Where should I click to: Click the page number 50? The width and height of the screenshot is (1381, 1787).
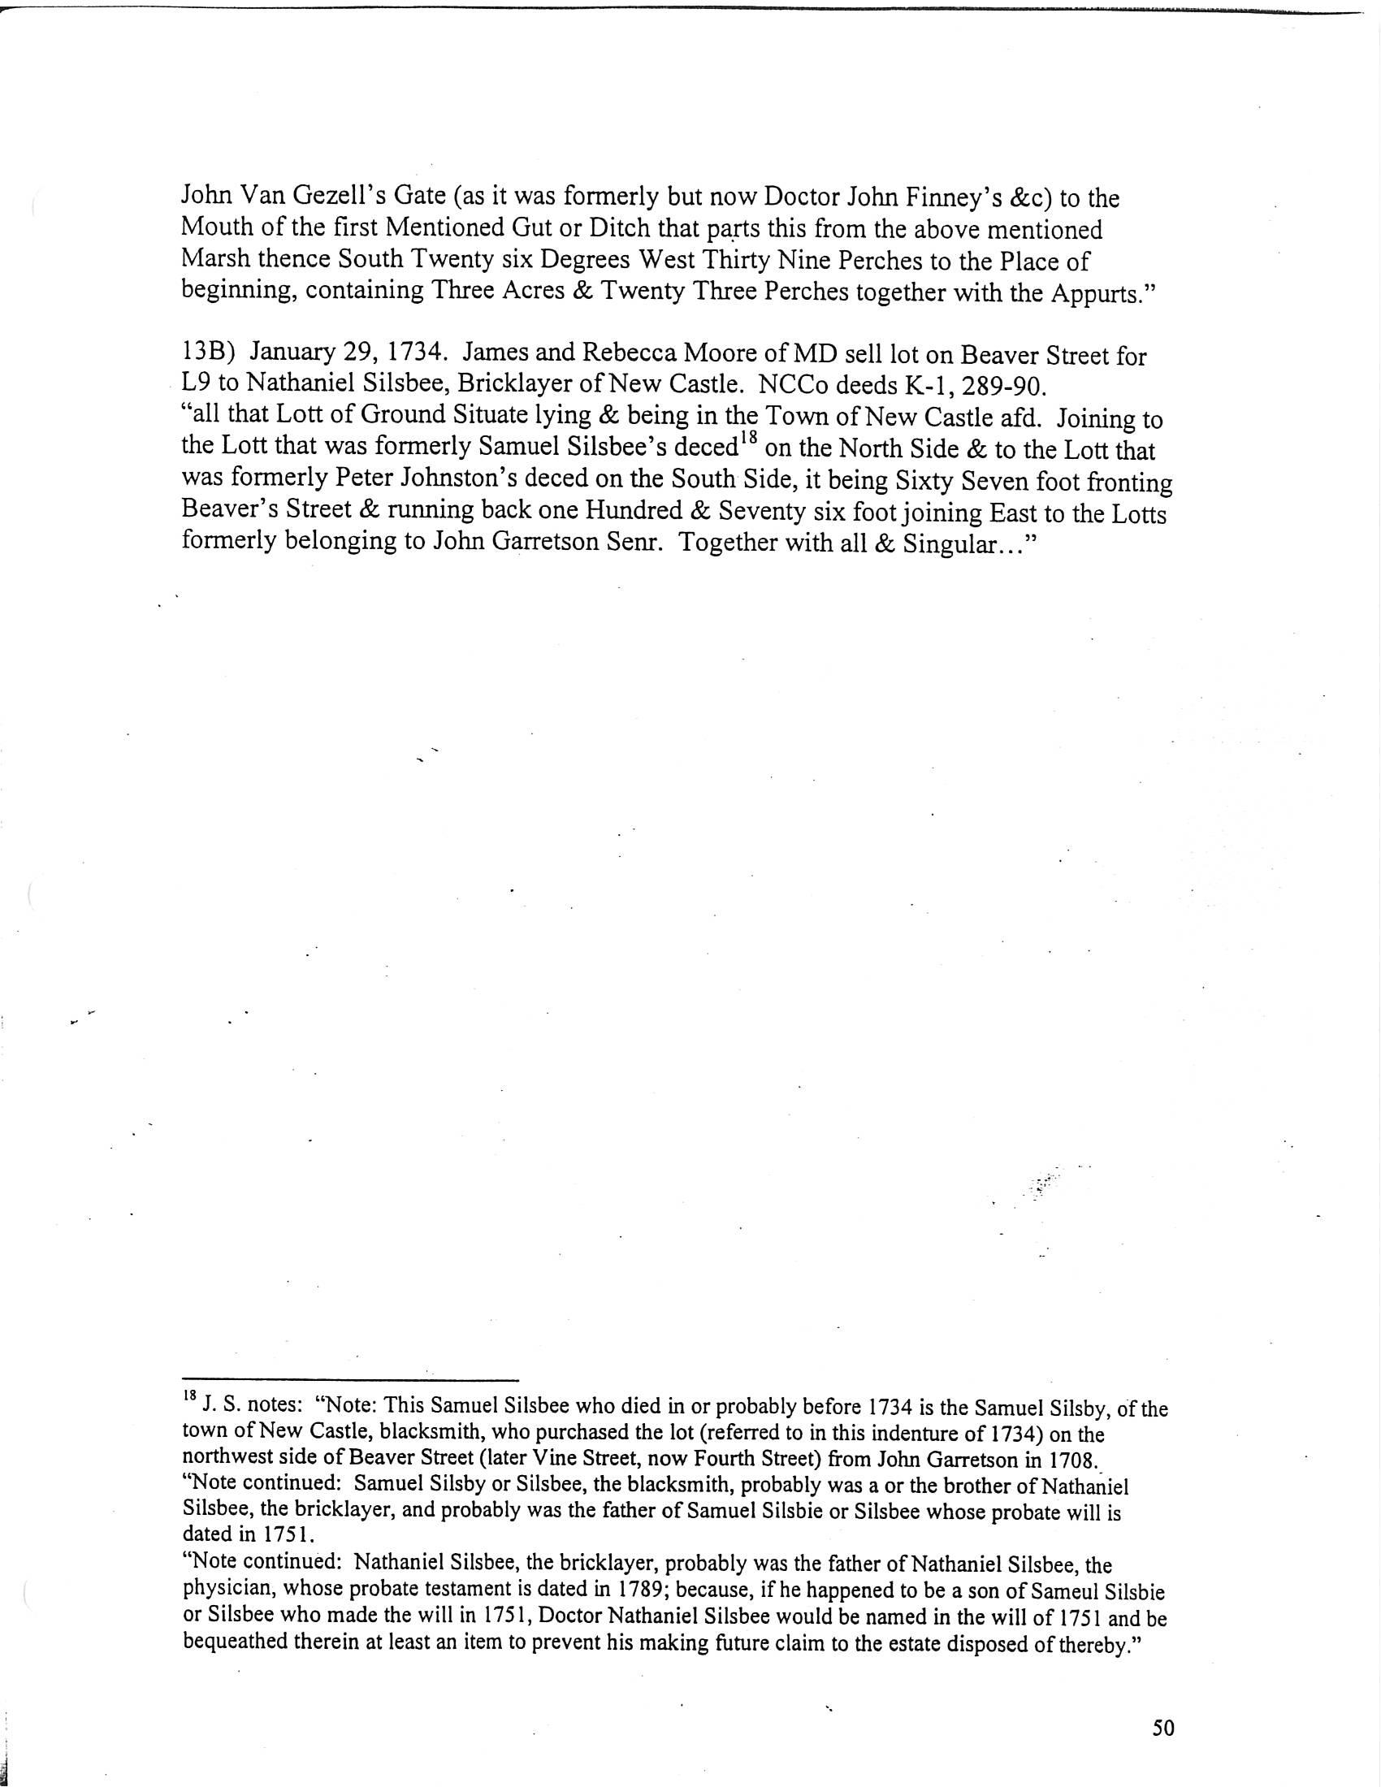(x=1162, y=1727)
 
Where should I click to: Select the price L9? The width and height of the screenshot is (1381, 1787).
(x=195, y=383)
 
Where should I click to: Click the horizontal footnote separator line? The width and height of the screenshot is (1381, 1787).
(x=350, y=1378)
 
